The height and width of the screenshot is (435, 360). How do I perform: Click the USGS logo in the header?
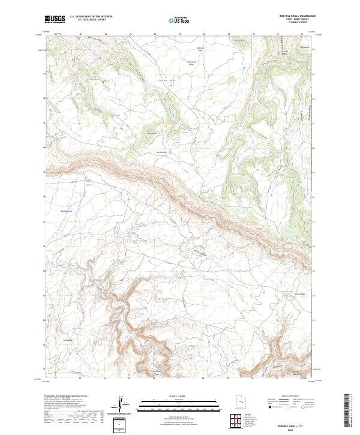pyautogui.click(x=55, y=19)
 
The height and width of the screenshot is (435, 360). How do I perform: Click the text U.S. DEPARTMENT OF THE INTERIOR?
pyautogui.click(x=91, y=17)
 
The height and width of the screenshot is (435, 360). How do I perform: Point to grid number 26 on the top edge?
pyautogui.click(x=155, y=35)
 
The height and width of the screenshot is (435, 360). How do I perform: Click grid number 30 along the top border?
pyautogui.click(x=253, y=35)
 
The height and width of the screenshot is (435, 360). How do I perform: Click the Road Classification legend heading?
pyautogui.click(x=294, y=397)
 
